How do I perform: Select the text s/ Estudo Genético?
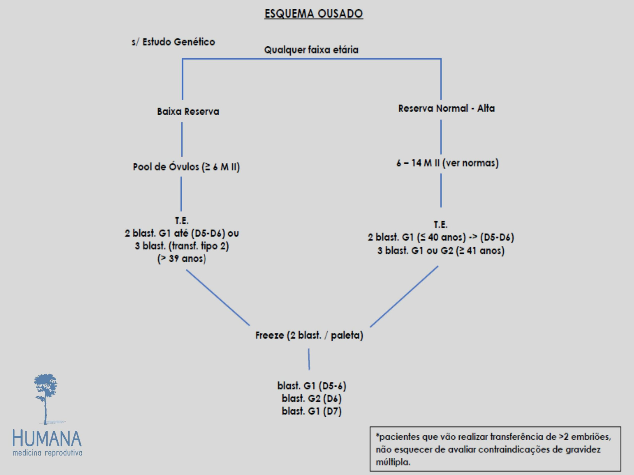click(x=173, y=42)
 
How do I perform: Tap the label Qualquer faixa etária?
click(x=311, y=50)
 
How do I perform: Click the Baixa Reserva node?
click(x=188, y=111)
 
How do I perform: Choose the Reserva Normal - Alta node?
click(x=446, y=109)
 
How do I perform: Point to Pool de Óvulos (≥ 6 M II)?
click(x=186, y=167)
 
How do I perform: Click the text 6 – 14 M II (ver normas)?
click(x=448, y=163)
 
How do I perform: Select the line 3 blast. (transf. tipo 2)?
click(x=182, y=246)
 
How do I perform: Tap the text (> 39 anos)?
click(x=182, y=259)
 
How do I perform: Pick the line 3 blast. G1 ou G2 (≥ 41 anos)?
click(x=441, y=251)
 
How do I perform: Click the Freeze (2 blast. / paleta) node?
click(x=309, y=335)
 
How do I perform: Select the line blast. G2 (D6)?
click(x=312, y=398)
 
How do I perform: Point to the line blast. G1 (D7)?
click(x=312, y=411)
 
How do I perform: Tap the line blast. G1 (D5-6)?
click(x=312, y=386)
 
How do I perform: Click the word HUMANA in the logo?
click(x=47, y=439)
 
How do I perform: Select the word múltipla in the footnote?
click(x=393, y=462)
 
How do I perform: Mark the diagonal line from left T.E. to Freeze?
click(x=218, y=297)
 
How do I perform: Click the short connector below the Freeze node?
click(x=309, y=359)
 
